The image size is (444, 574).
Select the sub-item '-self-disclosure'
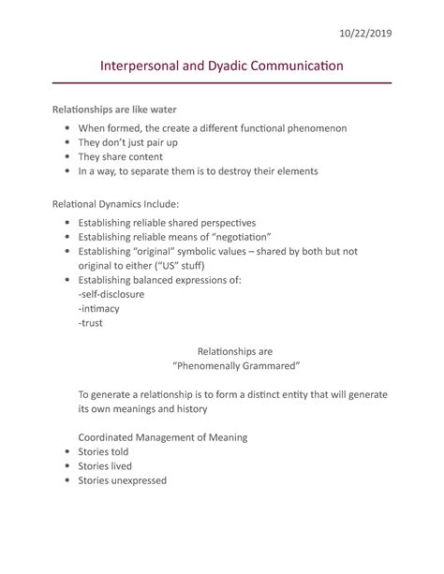(x=111, y=293)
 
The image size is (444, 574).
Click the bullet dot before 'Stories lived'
(x=64, y=466)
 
